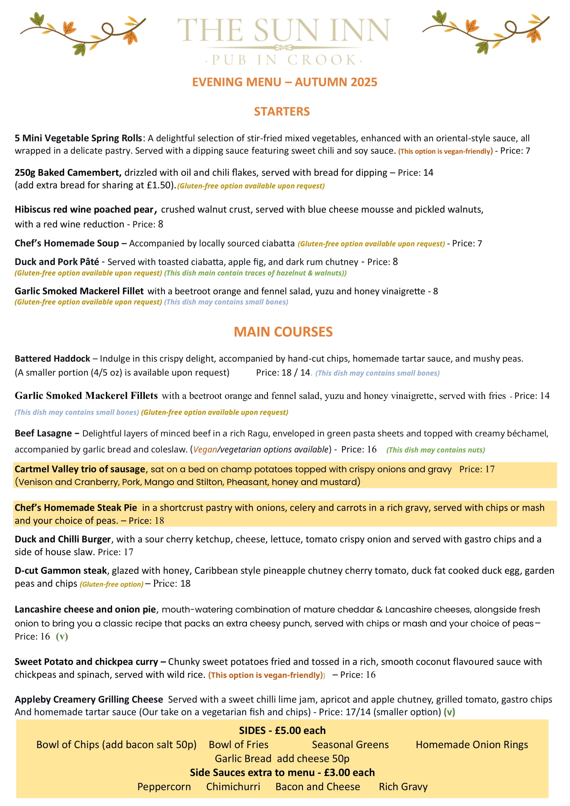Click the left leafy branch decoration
[x=83, y=32]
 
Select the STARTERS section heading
[x=282, y=112]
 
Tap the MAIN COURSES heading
[x=283, y=332]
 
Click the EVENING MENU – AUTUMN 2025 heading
[x=284, y=82]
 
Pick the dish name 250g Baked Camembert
[x=68, y=173]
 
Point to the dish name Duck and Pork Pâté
[x=57, y=262]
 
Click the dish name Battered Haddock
[x=52, y=358]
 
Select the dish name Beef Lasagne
[x=43, y=433]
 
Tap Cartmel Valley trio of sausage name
[x=80, y=469]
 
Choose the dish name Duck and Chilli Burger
[x=62, y=539]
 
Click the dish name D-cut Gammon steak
[x=61, y=570]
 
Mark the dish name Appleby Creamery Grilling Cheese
[x=89, y=699]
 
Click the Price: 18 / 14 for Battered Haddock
[x=283, y=373]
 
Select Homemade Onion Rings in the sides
[x=472, y=745]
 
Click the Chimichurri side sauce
[x=233, y=787]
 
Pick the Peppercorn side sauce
[x=164, y=787]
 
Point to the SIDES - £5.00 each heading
[x=282, y=731]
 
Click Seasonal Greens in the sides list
[x=350, y=745]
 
